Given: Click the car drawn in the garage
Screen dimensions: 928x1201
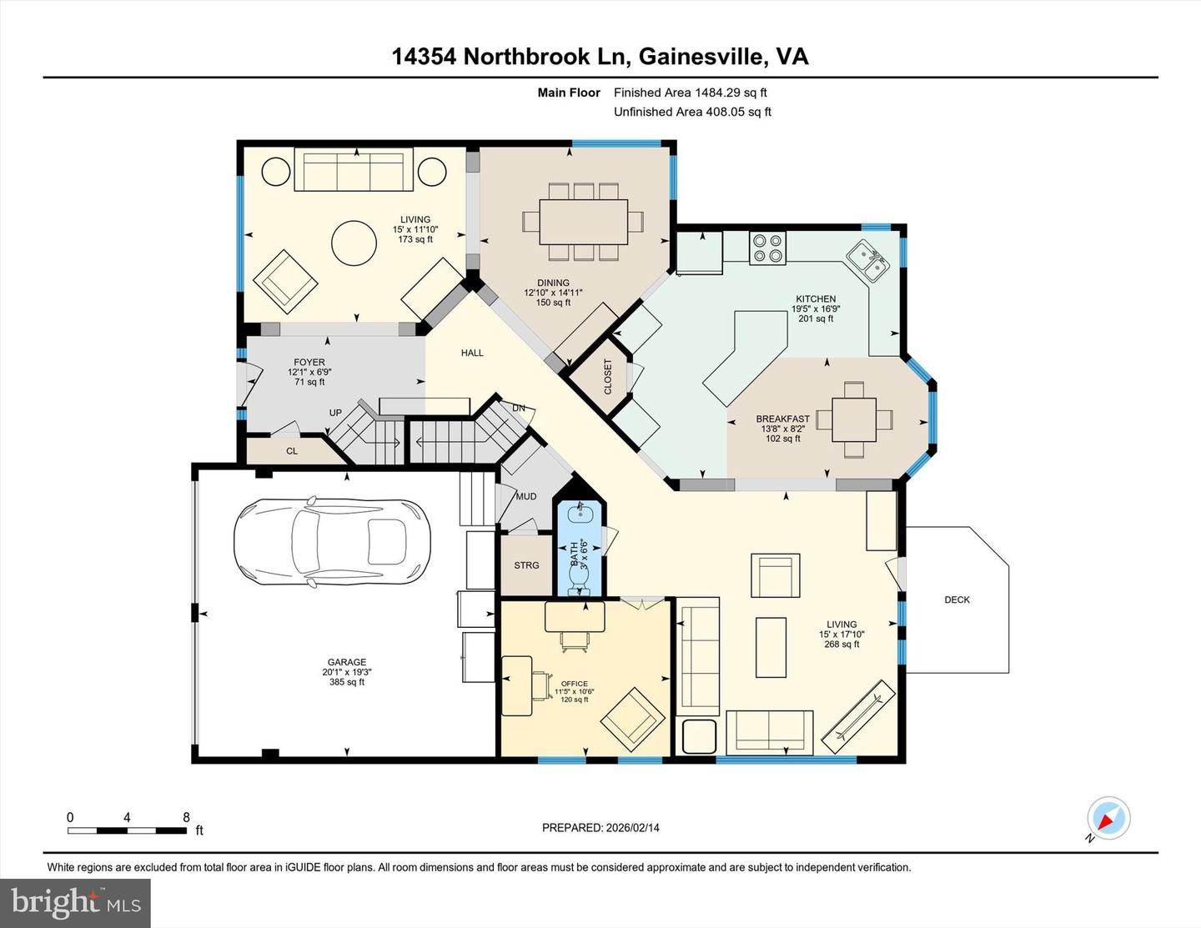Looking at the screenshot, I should click(x=332, y=543).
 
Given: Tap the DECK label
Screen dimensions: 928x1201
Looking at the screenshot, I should click(x=957, y=599).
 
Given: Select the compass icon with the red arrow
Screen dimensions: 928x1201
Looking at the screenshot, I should click(x=1108, y=819).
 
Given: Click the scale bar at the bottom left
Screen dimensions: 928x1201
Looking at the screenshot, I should click(x=127, y=830).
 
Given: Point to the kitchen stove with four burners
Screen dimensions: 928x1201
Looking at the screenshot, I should click(x=767, y=248).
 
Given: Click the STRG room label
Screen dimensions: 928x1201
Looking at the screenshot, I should click(x=526, y=565).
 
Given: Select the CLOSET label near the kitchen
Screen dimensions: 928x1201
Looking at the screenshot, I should click(x=607, y=377).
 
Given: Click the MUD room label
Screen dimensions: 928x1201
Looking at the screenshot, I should click(x=526, y=497).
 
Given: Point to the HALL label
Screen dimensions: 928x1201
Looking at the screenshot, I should click(x=472, y=353).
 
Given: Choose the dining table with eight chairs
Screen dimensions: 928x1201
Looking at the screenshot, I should click(x=583, y=221).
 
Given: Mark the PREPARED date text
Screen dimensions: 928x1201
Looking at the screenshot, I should click(x=600, y=828).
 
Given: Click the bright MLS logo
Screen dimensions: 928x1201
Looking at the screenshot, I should click(x=75, y=903).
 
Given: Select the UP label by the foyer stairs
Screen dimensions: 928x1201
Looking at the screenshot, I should click(x=335, y=413).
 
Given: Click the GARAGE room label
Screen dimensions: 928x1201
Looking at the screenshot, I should click(x=346, y=663).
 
